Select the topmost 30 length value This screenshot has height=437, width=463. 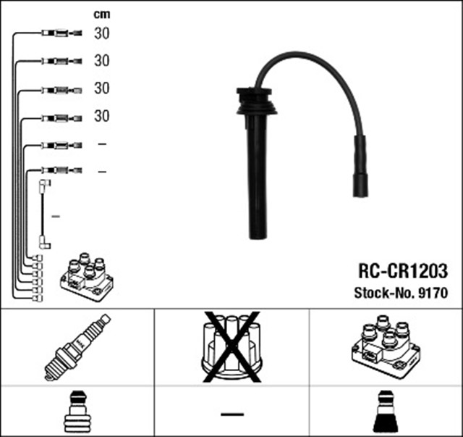(101, 33)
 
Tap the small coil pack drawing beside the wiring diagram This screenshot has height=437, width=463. (86, 278)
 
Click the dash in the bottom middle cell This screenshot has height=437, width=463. (231, 414)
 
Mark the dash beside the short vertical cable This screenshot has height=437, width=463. (56, 216)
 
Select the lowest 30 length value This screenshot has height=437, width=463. (101, 116)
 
